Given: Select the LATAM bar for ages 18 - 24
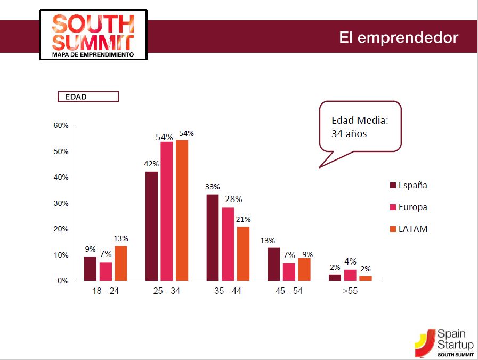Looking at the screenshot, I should pyautogui.click(x=120, y=263).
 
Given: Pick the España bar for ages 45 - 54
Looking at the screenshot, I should pyautogui.click(x=273, y=264).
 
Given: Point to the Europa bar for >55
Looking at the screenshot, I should pyautogui.click(x=350, y=275).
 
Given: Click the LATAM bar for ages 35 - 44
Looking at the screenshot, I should pyautogui.click(x=243, y=253).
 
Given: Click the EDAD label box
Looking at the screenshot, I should pyautogui.click(x=88, y=97).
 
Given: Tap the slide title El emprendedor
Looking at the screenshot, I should pyautogui.click(x=398, y=38).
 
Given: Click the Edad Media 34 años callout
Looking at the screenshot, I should pyautogui.click(x=360, y=127).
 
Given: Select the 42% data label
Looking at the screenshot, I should pyautogui.click(x=151, y=164).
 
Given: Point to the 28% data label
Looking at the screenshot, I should pyautogui.click(x=233, y=199).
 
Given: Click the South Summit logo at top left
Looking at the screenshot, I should pyautogui.click(x=93, y=34).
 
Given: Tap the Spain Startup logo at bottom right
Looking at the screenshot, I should pyautogui.click(x=444, y=342).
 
